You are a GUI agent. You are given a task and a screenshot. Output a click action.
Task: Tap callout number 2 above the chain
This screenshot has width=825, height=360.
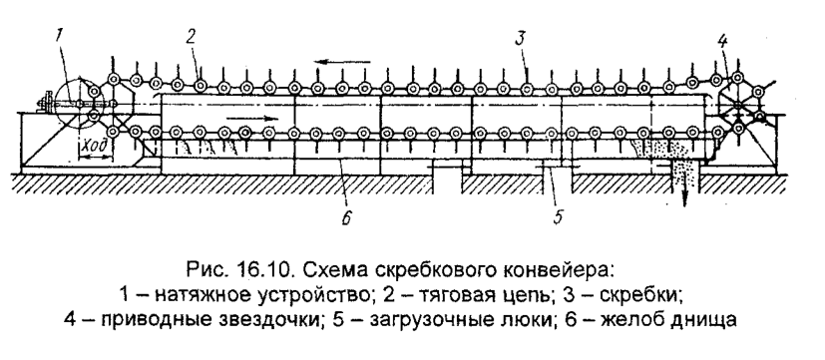tap(190, 35)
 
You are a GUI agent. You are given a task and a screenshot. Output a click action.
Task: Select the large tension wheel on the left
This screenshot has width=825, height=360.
tap(76, 106)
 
